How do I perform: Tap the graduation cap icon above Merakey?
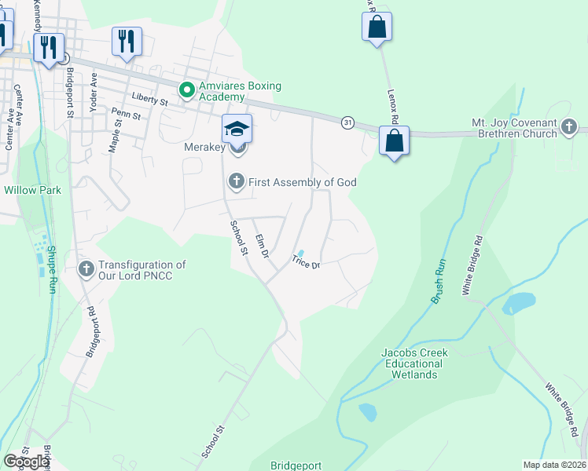point(237,128)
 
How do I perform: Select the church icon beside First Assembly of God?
point(236,182)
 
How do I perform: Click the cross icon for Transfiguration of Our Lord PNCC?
point(87,270)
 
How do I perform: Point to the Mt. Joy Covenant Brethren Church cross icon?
point(569,126)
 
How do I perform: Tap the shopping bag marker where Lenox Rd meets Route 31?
point(395,142)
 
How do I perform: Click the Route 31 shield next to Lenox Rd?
point(347,122)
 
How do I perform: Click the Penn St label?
point(126,115)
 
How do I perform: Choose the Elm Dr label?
point(261,246)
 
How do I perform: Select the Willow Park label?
point(31,190)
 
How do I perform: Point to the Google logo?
point(26,462)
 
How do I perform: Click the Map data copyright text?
point(554,465)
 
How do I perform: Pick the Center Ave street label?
point(19,105)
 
